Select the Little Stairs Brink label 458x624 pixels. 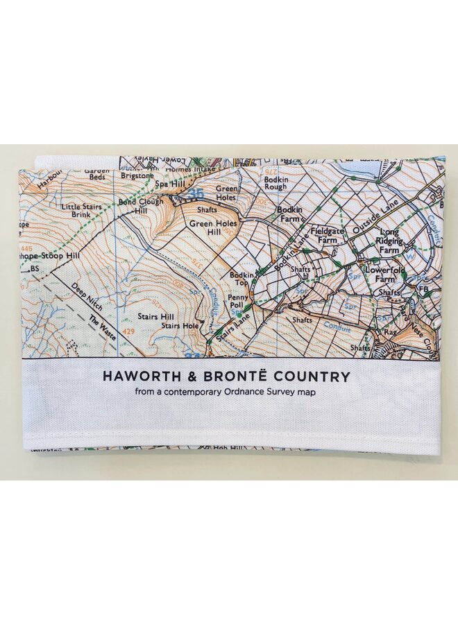coord(81,211)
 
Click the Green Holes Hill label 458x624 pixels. coord(213,228)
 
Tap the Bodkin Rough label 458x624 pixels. coord(275,182)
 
